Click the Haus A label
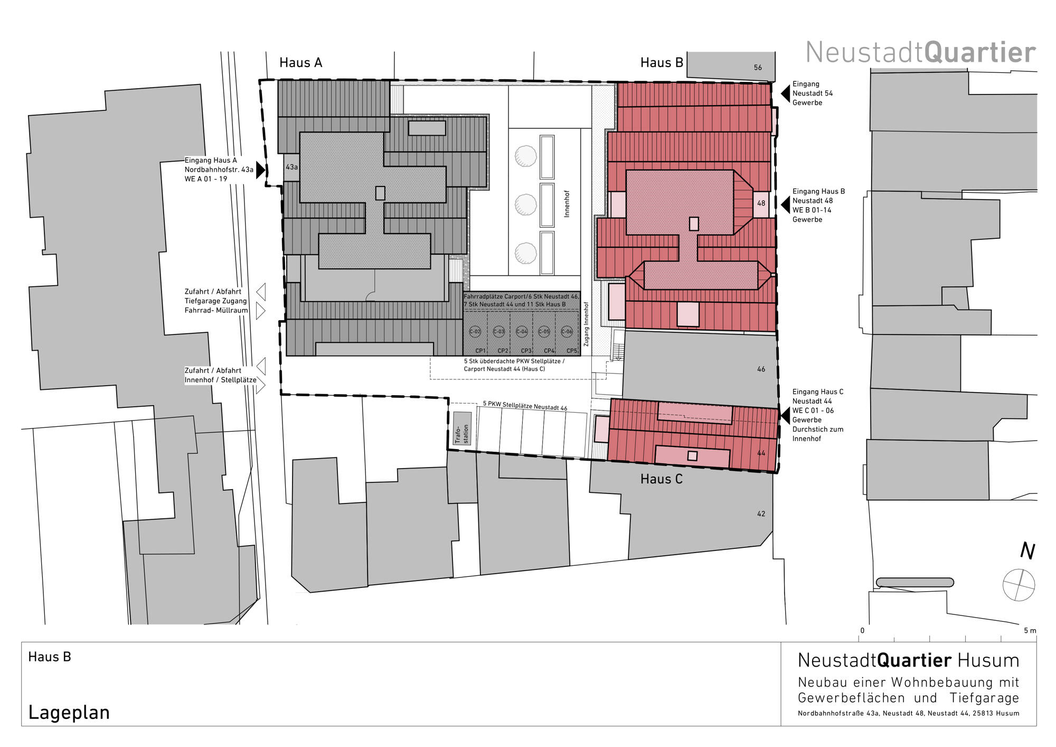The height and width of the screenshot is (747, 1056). coord(300,63)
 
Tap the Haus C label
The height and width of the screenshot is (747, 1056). coord(661,479)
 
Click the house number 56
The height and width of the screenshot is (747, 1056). coord(758,68)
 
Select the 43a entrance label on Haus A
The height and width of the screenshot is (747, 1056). coord(291,167)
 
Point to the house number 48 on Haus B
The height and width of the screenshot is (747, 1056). coord(761,203)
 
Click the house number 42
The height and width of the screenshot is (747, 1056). coord(761,513)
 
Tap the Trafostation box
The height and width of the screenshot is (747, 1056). coord(462,428)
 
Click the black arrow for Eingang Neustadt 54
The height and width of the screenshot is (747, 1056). coord(786,93)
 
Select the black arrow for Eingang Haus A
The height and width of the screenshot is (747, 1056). coord(260,170)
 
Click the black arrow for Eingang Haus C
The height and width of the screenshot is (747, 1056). coord(786,415)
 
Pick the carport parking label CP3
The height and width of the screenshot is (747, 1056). coord(526,351)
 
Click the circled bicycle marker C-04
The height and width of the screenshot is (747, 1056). coord(522,332)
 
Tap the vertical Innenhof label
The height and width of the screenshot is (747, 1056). coord(567,203)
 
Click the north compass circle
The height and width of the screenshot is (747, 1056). coord(1019,585)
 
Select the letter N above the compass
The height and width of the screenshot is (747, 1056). coord(1027,550)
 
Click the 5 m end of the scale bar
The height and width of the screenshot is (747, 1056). coord(1030,631)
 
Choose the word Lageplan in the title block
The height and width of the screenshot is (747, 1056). coord(69,713)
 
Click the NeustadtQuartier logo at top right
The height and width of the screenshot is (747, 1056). coord(920,53)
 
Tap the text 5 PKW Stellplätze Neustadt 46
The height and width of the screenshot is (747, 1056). coord(525,406)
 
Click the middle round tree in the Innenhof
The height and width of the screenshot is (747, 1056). coord(525,204)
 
